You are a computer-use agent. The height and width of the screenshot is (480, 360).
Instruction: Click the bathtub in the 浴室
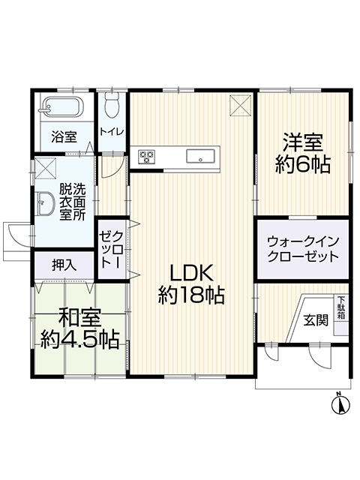[x=61, y=106]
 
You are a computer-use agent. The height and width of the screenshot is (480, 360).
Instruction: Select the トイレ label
[x=112, y=132]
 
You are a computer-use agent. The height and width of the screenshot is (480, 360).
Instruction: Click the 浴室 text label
[x=64, y=136]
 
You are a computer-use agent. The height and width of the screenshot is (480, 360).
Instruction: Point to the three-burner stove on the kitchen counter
[x=147, y=157]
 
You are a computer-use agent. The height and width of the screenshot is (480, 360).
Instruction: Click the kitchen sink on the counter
[x=200, y=157]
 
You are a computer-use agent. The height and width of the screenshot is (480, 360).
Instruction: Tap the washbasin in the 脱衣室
[x=45, y=203]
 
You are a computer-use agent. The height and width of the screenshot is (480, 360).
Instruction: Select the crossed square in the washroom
[x=46, y=168]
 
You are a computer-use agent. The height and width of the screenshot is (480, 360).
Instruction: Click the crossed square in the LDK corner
[x=240, y=105]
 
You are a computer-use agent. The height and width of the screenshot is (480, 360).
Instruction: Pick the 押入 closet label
[x=64, y=265]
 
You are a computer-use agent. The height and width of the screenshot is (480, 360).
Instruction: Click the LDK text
[x=192, y=273]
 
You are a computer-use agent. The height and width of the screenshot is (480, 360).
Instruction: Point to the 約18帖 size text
[x=191, y=295]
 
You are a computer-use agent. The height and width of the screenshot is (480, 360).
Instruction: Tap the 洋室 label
[x=302, y=142]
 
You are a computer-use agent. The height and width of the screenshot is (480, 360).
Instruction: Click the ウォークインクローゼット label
[x=303, y=249]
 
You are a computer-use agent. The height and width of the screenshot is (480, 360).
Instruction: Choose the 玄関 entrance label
[x=316, y=320]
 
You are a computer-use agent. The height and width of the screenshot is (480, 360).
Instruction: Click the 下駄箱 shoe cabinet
[x=341, y=307]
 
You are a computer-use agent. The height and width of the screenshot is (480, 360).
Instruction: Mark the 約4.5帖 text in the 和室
[x=80, y=339]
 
